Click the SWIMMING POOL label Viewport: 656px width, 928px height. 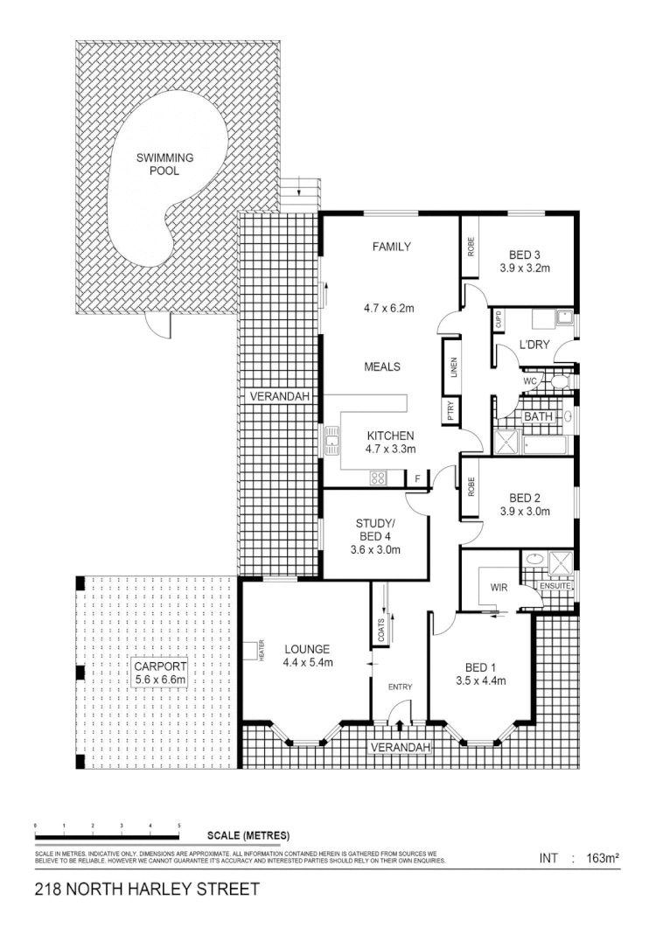click(164, 164)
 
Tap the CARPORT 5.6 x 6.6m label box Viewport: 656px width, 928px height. click(159, 673)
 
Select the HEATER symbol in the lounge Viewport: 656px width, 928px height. click(260, 651)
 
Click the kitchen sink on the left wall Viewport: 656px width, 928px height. click(332, 441)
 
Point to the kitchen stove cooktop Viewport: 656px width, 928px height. click(380, 478)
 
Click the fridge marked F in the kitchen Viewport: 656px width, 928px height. click(418, 478)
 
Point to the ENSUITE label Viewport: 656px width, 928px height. click(555, 585)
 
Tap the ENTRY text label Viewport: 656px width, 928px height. click(400, 687)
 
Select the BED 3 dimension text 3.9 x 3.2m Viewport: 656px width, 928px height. click(525, 268)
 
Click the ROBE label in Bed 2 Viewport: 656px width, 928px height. click(471, 486)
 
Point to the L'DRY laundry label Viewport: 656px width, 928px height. click(534, 345)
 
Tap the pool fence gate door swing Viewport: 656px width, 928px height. click(157, 327)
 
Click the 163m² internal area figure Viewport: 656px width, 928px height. click(603, 859)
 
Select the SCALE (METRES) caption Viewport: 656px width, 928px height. click(248, 835)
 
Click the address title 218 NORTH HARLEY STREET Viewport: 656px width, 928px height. click(147, 890)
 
